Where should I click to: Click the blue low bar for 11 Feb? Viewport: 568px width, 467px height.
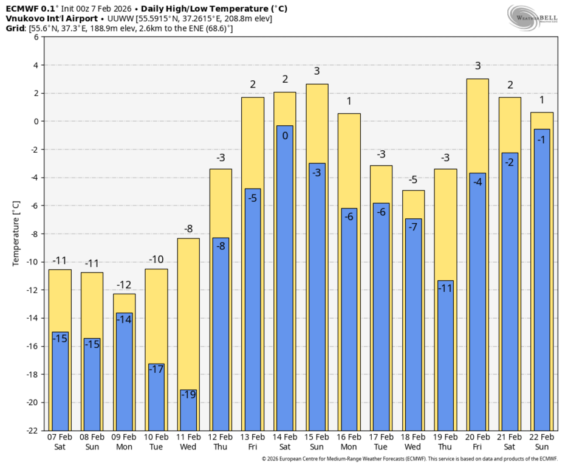pos(188,410)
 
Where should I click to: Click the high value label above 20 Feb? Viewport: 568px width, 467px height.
pos(477,66)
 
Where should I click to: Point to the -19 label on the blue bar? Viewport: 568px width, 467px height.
pos(188,395)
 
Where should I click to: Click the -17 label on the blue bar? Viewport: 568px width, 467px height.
pos(156,369)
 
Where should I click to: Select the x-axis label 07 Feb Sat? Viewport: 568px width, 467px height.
pos(60,441)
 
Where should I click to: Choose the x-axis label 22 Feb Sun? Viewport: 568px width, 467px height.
pos(542,441)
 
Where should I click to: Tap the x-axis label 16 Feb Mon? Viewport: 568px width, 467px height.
pos(349,441)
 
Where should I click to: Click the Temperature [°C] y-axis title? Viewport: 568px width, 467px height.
pos(16,233)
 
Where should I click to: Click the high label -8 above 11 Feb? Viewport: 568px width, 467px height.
pos(188,229)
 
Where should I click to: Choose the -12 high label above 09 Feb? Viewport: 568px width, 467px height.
pos(124,285)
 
